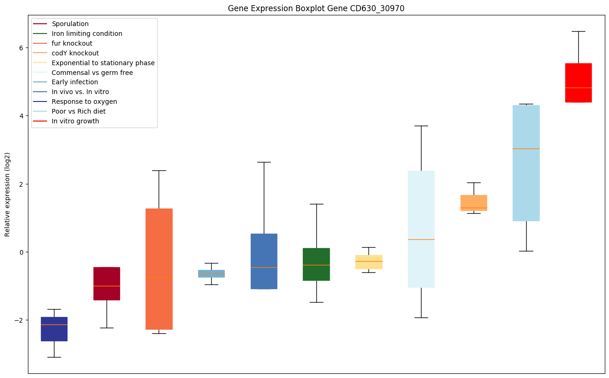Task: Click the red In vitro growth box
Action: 578,82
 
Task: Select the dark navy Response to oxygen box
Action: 54,329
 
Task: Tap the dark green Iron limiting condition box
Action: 316,264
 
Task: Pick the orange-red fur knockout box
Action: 159,269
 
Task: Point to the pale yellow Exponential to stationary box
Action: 368,262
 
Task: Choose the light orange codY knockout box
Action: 474,202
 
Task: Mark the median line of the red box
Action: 578,88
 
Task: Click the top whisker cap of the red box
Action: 578,31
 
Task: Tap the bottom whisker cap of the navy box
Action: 54,357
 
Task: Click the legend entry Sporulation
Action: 70,24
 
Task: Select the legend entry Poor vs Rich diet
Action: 79,111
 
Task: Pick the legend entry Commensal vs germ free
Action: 92,73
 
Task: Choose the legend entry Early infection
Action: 75,82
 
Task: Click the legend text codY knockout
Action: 75,53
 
